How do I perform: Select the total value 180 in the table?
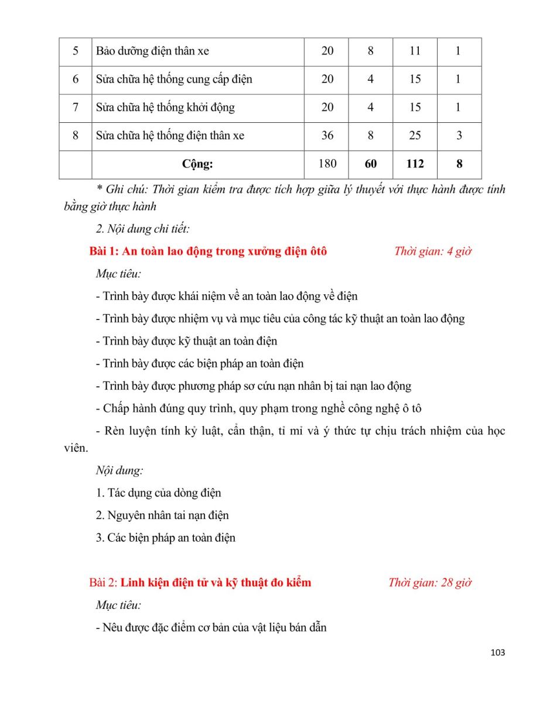(327, 164)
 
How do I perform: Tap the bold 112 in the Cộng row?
(415, 164)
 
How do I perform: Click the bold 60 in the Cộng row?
(371, 164)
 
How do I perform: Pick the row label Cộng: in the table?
(197, 164)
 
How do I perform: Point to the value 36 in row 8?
(327, 136)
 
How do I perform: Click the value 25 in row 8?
(415, 136)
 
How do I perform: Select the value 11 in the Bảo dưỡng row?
(415, 51)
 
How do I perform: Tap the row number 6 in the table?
(76, 79)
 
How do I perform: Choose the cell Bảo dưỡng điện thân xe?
(152, 51)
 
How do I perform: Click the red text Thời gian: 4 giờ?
(433, 252)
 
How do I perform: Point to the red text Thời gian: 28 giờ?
(430, 583)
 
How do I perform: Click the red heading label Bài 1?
(104, 252)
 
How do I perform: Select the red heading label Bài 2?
(104, 583)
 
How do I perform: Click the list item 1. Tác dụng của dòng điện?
(158, 493)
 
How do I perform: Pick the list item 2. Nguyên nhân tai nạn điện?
(162, 515)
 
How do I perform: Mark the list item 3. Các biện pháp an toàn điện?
(166, 538)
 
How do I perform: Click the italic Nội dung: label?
(119, 470)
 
